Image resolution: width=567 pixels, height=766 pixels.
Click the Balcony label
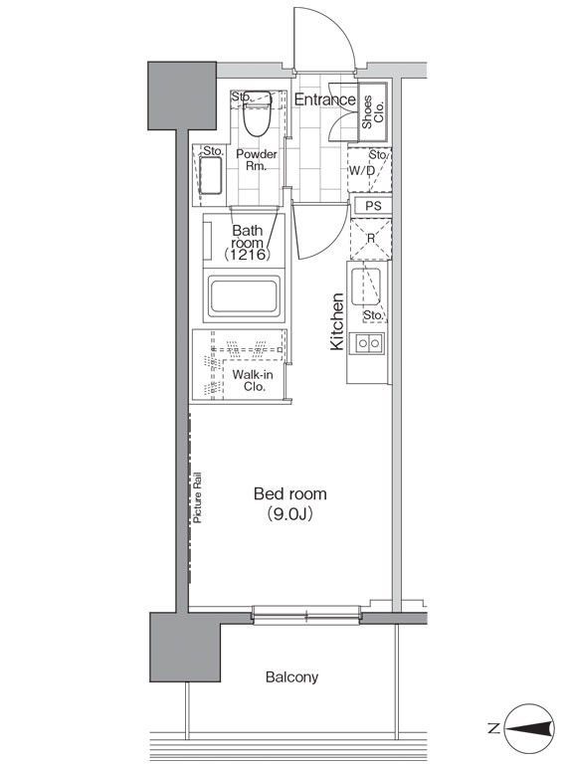[x=291, y=677]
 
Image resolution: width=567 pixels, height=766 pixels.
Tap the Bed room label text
[x=290, y=493]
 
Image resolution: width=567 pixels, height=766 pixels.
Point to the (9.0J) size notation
[x=289, y=514]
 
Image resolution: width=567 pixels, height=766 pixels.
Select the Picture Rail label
[x=197, y=497]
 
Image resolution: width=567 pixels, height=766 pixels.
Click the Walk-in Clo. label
[x=252, y=381]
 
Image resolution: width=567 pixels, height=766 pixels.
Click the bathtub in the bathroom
[x=244, y=296]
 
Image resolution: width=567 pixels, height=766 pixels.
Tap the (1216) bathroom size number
[x=247, y=254]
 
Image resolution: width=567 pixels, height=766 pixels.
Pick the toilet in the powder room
[x=258, y=113]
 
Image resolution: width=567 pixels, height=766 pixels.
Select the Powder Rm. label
[x=257, y=160]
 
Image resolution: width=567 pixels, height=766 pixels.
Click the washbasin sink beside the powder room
[x=211, y=175]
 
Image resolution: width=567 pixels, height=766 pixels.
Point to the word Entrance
[x=325, y=99]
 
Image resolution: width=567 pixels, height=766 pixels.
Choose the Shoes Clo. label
[x=373, y=111]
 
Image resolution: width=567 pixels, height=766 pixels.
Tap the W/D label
[x=361, y=170]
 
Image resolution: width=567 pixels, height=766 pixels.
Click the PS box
[x=372, y=206]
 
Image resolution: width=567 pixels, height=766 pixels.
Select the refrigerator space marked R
[x=371, y=239]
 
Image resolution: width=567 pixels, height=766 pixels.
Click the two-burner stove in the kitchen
[x=369, y=343]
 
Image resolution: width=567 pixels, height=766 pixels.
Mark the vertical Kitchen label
[x=337, y=321]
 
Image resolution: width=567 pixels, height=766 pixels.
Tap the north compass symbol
[x=529, y=729]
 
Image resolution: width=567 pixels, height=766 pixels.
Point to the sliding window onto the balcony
[x=306, y=615]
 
